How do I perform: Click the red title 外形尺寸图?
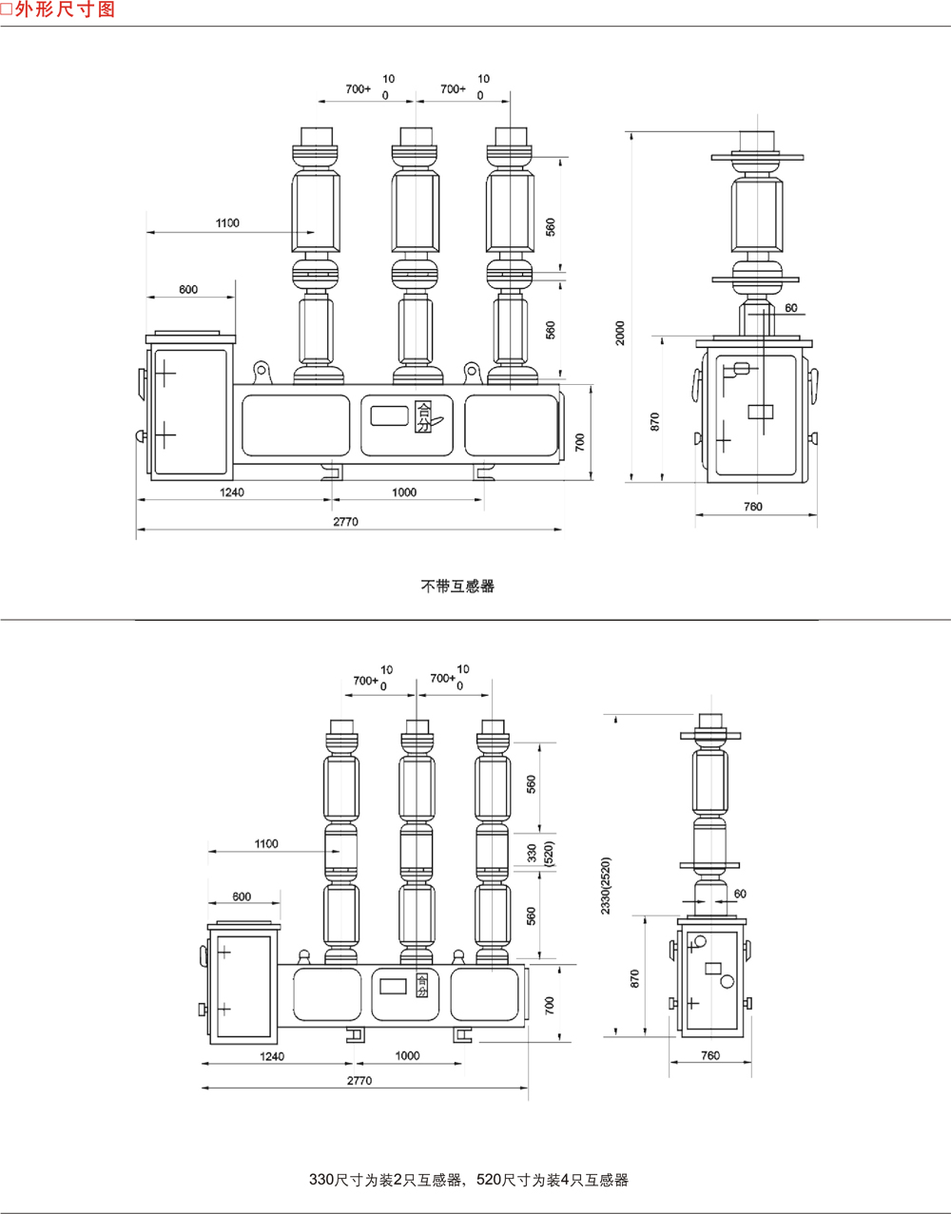[x=64, y=10]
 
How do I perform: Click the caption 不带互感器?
[x=457, y=586]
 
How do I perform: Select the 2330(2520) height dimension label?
[x=606, y=886]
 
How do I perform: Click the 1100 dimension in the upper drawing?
[x=227, y=223]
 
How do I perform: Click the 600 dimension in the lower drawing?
[x=242, y=896]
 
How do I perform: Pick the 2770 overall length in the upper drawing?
[x=345, y=522]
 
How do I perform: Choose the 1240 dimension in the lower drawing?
[x=272, y=1056]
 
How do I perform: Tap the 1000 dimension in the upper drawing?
[x=404, y=492]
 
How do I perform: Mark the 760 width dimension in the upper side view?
[x=752, y=507]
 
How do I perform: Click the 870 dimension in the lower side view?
[x=635, y=977]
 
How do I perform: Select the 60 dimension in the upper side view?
[x=791, y=308]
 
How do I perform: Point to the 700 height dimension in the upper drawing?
[x=580, y=442]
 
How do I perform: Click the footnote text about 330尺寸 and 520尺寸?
[x=469, y=1180]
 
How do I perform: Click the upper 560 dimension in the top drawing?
[x=550, y=227]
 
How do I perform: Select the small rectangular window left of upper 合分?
[x=388, y=415]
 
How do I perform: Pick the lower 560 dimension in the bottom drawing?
[x=532, y=915]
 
